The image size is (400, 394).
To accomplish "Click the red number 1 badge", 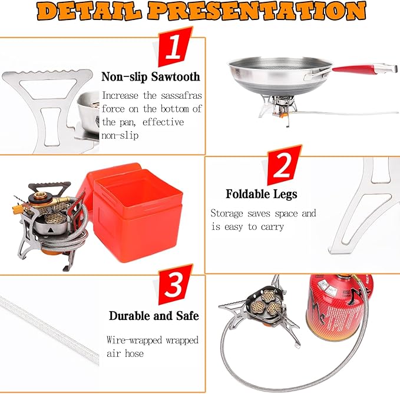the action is pos(175,47).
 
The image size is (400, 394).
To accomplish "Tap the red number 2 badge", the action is pos(284,165).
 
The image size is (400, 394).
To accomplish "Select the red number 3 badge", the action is pos(175,285).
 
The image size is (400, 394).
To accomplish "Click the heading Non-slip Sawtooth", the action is pos(150,76).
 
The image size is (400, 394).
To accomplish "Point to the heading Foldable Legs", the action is pos(262,194).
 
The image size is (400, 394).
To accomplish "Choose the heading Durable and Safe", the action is pos(154,316).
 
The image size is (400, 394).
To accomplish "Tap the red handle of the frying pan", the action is pos(354,69).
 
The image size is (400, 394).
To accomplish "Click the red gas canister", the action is pos(339,308).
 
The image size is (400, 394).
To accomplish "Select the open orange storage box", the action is pos(135,213).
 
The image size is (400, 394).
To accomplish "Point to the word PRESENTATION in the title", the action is pos(257,11).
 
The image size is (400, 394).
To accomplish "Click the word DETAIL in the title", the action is pos(90,11).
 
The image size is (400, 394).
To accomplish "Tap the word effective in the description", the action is pos(163,122).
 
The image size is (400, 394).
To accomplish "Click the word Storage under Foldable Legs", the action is pos(227,213).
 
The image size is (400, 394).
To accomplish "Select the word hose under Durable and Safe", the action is pos(134,353).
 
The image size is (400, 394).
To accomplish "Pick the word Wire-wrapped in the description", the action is pos(134,340).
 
